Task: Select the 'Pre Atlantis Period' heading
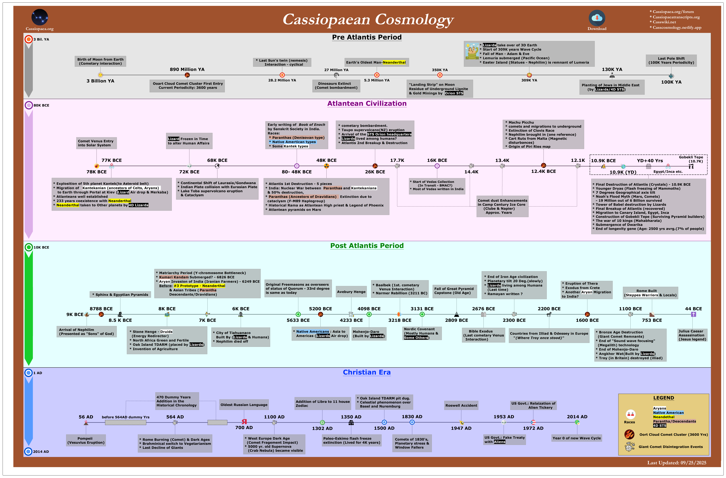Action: (x=367, y=37)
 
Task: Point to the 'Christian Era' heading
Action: (x=367, y=372)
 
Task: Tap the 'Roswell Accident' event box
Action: (x=461, y=405)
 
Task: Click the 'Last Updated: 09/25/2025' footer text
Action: (x=677, y=463)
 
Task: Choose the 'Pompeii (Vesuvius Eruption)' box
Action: (x=86, y=440)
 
